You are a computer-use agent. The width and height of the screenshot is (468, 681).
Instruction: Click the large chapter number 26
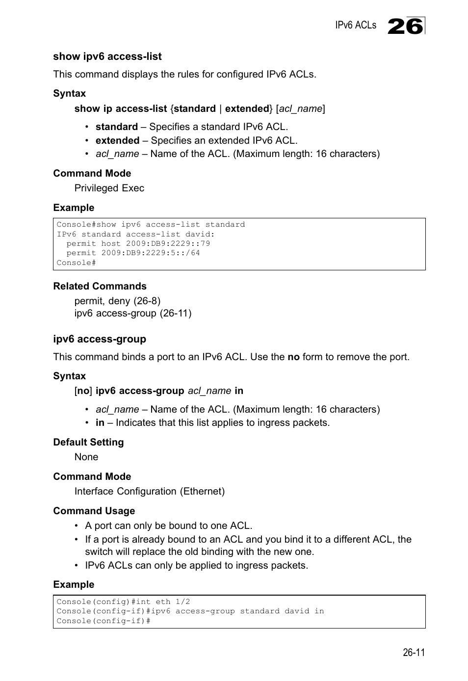pyautogui.click(x=405, y=26)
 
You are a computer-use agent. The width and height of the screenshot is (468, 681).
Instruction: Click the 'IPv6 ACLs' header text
pyautogui.click(x=356, y=26)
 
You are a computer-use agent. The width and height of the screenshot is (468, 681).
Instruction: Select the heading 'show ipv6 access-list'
pyautogui.click(x=107, y=56)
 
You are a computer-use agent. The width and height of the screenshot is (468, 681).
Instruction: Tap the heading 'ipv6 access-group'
pyautogui.click(x=100, y=339)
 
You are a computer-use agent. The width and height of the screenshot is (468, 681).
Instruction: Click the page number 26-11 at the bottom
pyautogui.click(x=414, y=653)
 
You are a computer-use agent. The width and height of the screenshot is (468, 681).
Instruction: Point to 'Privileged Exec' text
pyautogui.click(x=109, y=188)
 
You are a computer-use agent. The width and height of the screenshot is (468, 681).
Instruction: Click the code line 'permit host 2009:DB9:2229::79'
pyautogui.click(x=138, y=243)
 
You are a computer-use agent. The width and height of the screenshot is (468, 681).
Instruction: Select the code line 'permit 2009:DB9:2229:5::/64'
pyautogui.click(x=133, y=253)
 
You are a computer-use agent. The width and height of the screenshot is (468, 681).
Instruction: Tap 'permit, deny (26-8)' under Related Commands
pyautogui.click(x=117, y=301)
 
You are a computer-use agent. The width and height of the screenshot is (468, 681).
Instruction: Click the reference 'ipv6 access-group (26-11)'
pyautogui.click(x=133, y=313)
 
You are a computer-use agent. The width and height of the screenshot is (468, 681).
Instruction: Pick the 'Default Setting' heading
pyautogui.click(x=88, y=443)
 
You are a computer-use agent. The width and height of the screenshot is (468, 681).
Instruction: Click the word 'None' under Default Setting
pyautogui.click(x=86, y=457)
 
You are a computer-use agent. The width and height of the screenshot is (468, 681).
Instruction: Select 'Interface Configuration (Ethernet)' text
pyautogui.click(x=150, y=492)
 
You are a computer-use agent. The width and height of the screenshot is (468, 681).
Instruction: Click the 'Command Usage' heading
pyautogui.click(x=94, y=511)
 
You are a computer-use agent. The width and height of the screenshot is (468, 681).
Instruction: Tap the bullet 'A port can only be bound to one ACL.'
pyautogui.click(x=168, y=526)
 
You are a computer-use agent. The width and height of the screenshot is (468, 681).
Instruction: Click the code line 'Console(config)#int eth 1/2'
pyautogui.click(x=123, y=602)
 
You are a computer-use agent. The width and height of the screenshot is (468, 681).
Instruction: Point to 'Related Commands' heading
pyautogui.click(x=100, y=287)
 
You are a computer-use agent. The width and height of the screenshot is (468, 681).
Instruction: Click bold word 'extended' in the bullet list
pyautogui.click(x=117, y=141)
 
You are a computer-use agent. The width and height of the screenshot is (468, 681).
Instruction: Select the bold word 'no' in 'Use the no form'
pyautogui.click(x=293, y=357)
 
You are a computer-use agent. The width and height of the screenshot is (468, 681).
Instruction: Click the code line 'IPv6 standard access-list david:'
pyautogui.click(x=135, y=234)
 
